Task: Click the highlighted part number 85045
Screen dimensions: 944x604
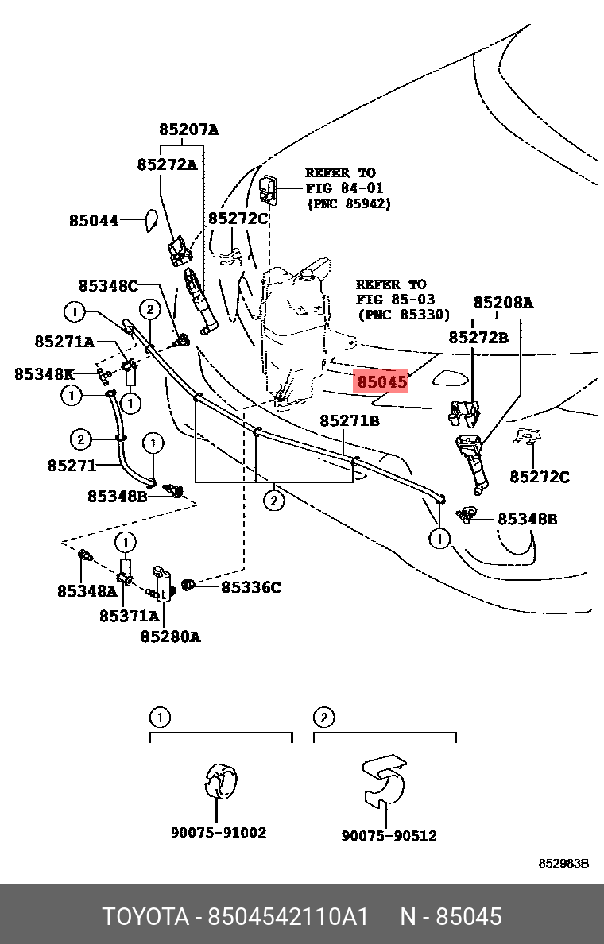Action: tap(382, 382)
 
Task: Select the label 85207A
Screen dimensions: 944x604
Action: tap(188, 130)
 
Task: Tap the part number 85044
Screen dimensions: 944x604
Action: tap(93, 220)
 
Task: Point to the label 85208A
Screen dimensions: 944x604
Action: tap(503, 302)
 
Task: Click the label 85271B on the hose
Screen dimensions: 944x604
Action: tap(350, 420)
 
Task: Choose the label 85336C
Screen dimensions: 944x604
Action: tap(250, 587)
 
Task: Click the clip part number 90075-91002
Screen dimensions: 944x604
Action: tap(219, 833)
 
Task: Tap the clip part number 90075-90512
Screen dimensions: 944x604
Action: tap(389, 835)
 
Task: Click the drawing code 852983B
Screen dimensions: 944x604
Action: tap(563, 864)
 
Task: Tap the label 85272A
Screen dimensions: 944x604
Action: tap(167, 164)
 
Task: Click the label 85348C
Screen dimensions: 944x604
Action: tap(108, 285)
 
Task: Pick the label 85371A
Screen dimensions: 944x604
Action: tap(130, 615)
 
